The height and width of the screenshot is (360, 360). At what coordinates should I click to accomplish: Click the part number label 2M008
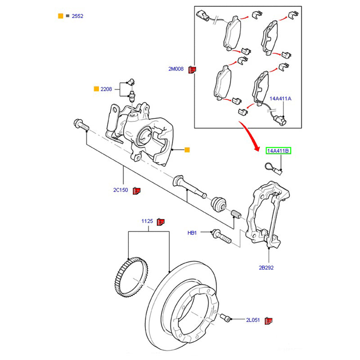(x=176, y=69)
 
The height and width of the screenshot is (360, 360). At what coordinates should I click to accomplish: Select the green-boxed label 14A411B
(x=279, y=151)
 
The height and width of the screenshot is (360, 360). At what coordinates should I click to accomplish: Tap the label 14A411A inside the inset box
(x=280, y=98)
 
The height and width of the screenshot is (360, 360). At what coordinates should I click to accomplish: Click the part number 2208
(x=106, y=89)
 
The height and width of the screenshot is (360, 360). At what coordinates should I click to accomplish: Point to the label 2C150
(x=121, y=190)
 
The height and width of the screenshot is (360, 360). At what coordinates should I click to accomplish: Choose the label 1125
(x=148, y=221)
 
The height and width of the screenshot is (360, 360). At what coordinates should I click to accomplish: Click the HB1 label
(x=192, y=233)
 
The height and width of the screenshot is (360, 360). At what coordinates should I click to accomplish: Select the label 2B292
(x=266, y=267)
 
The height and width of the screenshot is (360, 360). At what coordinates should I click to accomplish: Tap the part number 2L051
(x=253, y=320)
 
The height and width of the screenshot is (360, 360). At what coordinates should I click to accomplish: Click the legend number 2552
(x=77, y=16)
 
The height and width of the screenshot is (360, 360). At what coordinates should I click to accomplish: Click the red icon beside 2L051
(x=270, y=320)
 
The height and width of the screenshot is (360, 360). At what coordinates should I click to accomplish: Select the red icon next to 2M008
(x=192, y=69)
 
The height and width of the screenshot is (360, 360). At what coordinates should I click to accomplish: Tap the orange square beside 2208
(x=96, y=89)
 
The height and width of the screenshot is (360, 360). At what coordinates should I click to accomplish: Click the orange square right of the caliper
(x=187, y=149)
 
